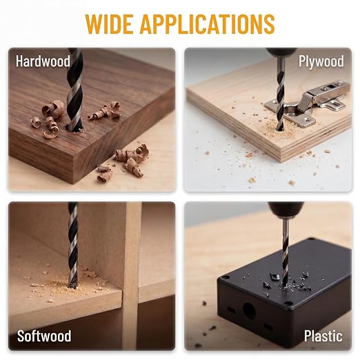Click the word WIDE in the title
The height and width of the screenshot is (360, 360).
pyautogui.click(x=109, y=24)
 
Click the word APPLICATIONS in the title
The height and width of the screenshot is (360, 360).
pyautogui.click(x=207, y=24)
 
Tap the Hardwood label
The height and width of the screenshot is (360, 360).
pyautogui.click(x=43, y=61)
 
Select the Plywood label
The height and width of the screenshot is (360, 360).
pyautogui.click(x=321, y=61)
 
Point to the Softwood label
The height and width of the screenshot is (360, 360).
pyautogui.click(x=44, y=336)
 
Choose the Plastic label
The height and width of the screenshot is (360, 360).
pyautogui.click(x=323, y=336)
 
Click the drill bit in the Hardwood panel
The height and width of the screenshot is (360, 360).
pyautogui.click(x=74, y=90)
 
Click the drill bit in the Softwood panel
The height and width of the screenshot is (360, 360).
pyautogui.click(x=73, y=245)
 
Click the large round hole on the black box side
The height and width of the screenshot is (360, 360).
pyautogui.click(x=249, y=311)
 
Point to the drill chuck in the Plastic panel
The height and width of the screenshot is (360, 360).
pyautogui.click(x=286, y=210)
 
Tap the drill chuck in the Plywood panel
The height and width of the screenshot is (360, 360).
pyautogui.click(x=281, y=52)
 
